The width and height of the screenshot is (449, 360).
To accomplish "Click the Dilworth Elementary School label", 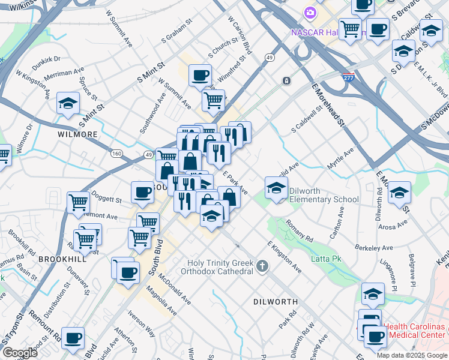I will (x=324, y=195).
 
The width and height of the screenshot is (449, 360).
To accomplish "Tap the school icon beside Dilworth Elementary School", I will (x=276, y=189).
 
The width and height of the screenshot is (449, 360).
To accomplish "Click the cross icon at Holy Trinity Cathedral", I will (x=262, y=265).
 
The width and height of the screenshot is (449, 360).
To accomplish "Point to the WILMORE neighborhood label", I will (x=77, y=134).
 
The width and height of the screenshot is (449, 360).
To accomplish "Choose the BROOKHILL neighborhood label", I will (x=59, y=259).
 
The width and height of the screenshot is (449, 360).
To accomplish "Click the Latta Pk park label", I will (x=325, y=259).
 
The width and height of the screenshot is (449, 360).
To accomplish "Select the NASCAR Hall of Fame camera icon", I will (x=310, y=12).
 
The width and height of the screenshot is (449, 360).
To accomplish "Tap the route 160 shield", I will (x=116, y=154).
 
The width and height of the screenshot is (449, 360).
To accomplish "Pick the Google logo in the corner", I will (x=20, y=353).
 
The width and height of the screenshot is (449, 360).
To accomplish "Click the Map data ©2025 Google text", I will (x=411, y=355).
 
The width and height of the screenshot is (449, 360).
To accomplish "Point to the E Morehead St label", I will (x=327, y=105).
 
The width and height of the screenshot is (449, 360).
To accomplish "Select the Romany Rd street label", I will (x=300, y=230).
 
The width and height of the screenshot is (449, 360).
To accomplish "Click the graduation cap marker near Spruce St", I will (x=68, y=103).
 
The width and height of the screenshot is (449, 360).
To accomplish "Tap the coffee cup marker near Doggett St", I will (x=143, y=193).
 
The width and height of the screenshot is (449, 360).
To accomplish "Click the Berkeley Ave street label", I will (x=374, y=248).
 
